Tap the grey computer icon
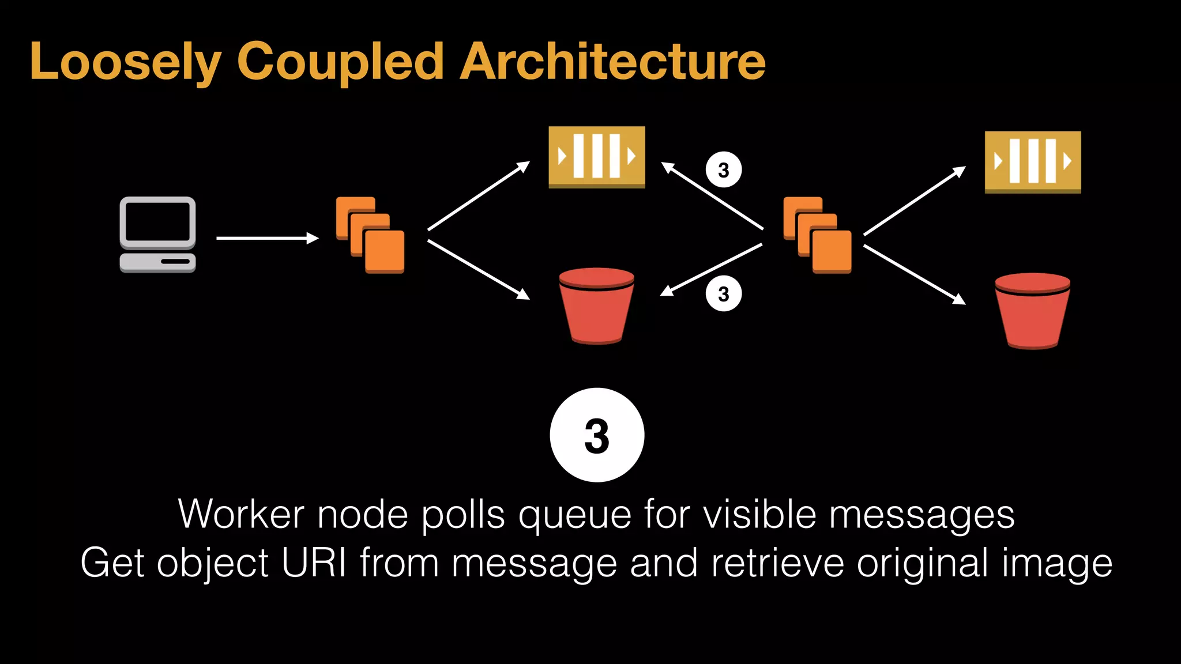pyautogui.click(x=157, y=234)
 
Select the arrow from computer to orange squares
pyautogui.click(x=267, y=238)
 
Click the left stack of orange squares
pyautogui.click(x=370, y=235)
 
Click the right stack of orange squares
pyautogui.click(x=817, y=235)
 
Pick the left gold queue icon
pyautogui.click(x=596, y=157)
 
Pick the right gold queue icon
pyautogui.click(x=1032, y=162)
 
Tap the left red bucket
pyautogui.click(x=596, y=305)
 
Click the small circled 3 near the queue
pyautogui.click(x=724, y=170)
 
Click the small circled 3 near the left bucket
pyautogui.click(x=724, y=294)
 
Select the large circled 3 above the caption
pyautogui.click(x=597, y=435)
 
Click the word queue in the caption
pyautogui.click(x=574, y=515)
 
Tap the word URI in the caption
pyautogui.click(x=314, y=563)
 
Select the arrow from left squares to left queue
pyautogui.click(x=478, y=196)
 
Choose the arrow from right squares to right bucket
pyautogui.click(x=914, y=274)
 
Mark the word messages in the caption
pyautogui.click(x=921, y=515)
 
